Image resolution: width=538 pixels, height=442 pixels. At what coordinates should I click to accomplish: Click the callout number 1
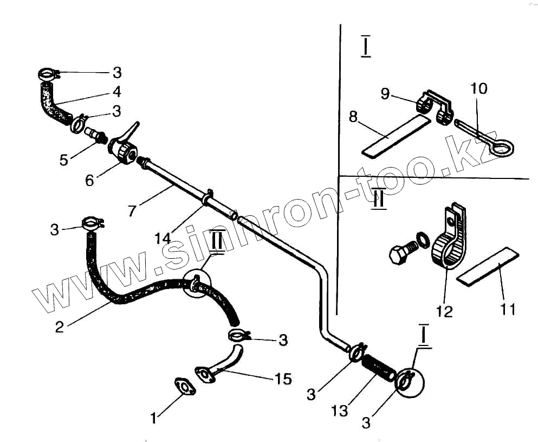[154, 418]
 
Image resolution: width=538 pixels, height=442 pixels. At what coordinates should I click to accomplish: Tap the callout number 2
[60, 326]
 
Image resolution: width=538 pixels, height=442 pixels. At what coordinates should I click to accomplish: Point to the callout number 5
[64, 161]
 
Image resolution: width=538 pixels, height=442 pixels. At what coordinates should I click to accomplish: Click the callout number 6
[90, 180]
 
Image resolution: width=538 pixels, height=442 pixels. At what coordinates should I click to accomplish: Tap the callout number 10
[479, 88]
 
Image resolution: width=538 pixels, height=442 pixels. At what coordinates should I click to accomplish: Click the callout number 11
[508, 309]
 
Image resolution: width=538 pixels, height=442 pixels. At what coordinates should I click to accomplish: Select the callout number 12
[445, 311]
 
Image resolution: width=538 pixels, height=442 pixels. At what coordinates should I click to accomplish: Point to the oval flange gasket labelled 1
[185, 386]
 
